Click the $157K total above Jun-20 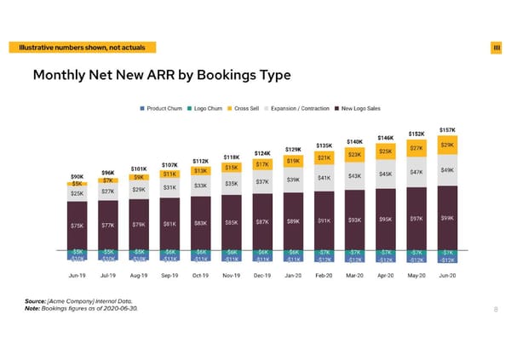point(447,129)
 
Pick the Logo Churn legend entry point(210,108)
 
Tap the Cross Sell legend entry point(249,108)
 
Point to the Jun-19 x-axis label point(78,275)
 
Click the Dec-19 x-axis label point(262,275)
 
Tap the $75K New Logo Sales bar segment point(78,226)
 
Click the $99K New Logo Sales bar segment point(447,218)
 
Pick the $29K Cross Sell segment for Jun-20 point(447,146)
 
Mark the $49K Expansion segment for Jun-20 point(447,170)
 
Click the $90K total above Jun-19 point(77,177)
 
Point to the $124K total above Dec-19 point(262,153)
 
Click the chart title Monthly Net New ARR point(161,76)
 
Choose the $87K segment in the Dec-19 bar point(262,222)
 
